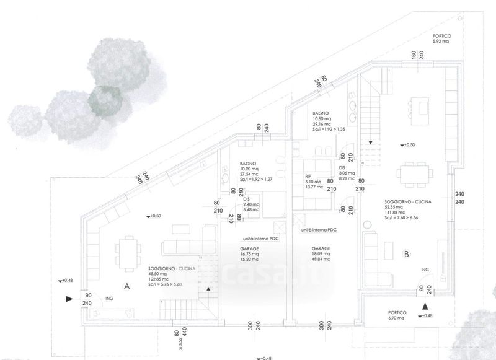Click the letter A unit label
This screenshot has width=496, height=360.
pos(126,286)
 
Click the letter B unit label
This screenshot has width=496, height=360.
pos(406,253)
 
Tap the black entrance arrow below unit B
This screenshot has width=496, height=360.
pos(425,307)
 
